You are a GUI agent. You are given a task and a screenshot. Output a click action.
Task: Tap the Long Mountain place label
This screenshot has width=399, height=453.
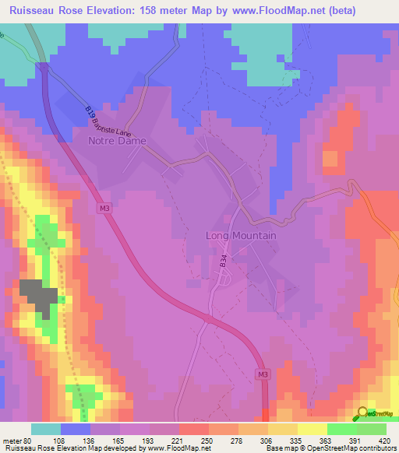[x=242, y=235]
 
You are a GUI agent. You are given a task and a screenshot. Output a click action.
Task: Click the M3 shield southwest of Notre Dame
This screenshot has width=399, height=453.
[x=104, y=208]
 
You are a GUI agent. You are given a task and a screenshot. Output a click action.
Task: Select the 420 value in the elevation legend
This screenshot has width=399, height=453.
[x=384, y=440]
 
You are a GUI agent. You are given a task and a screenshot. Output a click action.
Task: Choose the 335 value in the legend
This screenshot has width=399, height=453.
[x=267, y=440]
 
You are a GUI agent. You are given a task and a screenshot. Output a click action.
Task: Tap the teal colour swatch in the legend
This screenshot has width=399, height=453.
[x=46, y=429]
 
